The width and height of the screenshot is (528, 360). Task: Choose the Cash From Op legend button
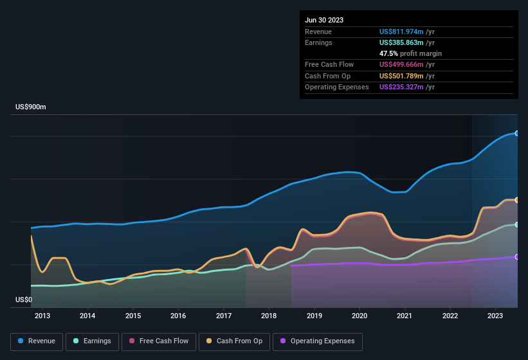(x=235, y=341)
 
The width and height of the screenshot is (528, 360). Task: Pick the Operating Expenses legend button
(x=318, y=341)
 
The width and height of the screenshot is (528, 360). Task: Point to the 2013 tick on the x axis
(x=42, y=316)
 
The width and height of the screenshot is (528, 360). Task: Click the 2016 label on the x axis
(x=178, y=316)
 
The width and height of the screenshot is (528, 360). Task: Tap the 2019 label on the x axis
(x=314, y=316)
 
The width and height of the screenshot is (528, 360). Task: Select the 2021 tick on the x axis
(x=405, y=316)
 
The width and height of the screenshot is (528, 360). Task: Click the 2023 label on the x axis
(x=495, y=316)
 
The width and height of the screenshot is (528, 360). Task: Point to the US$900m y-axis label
(x=31, y=107)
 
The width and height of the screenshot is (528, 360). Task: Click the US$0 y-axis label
(x=24, y=300)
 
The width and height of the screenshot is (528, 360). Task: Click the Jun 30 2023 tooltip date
(x=324, y=20)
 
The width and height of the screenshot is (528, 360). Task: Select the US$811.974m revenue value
(x=407, y=32)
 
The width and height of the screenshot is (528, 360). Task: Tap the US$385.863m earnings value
(x=407, y=42)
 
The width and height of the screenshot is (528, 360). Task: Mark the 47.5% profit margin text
(x=410, y=53)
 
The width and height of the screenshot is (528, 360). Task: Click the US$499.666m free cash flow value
(x=407, y=64)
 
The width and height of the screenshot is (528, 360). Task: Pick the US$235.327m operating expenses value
(x=407, y=87)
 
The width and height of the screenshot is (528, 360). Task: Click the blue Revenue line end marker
(x=517, y=133)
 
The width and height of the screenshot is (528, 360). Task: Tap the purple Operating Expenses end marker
(x=517, y=256)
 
